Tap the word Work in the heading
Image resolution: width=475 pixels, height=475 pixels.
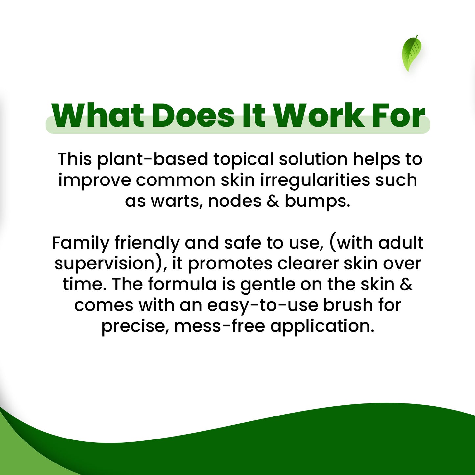coord(319,115)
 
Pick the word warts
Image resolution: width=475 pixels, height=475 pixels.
coord(177,201)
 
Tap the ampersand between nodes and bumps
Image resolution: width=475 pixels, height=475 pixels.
coord(273,201)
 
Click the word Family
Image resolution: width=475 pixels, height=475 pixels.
coord(81,243)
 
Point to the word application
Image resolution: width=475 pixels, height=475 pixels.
coord(322,327)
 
